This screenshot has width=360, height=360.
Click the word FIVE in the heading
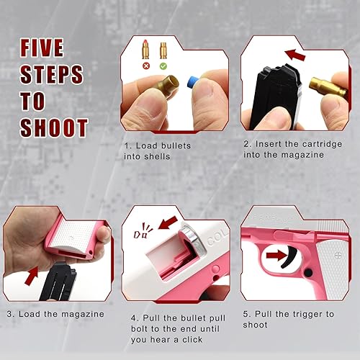coord(41,48)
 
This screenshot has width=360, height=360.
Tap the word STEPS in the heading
coord(51,74)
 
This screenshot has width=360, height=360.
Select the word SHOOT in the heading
coord(54,127)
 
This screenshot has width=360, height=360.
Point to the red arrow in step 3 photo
coord(31,274)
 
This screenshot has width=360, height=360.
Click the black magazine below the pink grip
coord(59,284)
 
